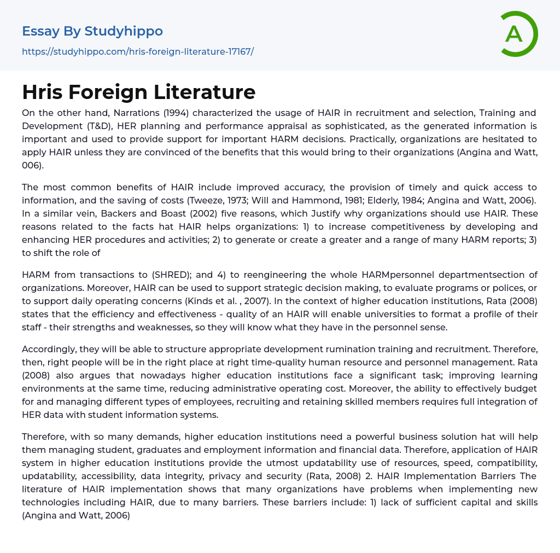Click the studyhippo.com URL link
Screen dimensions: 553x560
point(138,51)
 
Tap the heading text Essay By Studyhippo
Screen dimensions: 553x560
point(92,31)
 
